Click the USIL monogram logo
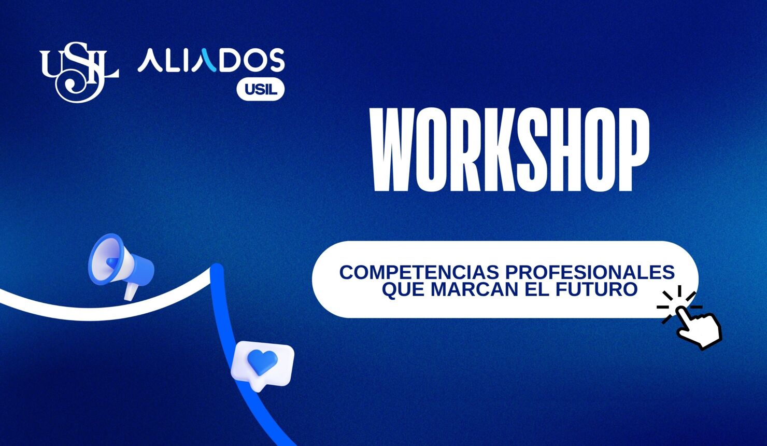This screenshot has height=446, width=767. click(79, 71)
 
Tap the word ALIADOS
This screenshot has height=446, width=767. click(211, 61)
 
